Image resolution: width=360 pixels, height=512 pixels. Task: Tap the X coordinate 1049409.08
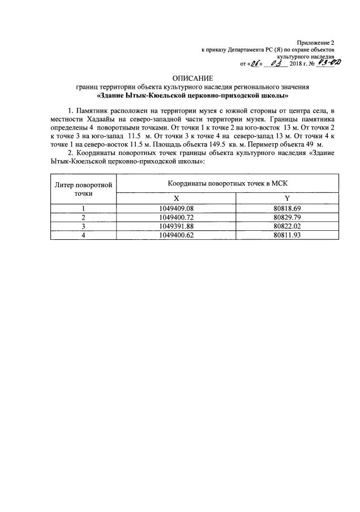coord(177,208)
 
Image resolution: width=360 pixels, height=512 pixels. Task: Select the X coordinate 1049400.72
coord(177,217)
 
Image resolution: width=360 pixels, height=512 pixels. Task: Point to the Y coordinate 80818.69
coord(287,208)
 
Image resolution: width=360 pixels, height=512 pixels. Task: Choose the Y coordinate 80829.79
coord(287,217)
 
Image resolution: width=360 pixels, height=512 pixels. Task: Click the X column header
coord(177,199)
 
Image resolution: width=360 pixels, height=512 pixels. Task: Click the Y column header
coord(287,199)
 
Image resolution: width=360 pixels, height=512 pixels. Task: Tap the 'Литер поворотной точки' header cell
coord(83,189)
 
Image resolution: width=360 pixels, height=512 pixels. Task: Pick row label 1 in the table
coord(83,208)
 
